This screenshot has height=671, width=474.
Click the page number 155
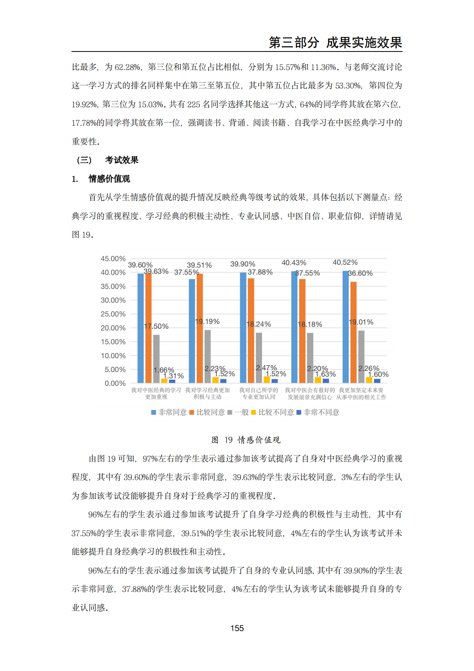point(237,628)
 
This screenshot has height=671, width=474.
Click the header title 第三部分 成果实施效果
point(335,42)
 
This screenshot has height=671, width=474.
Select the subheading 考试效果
point(121,160)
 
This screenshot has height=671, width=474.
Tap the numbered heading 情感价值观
point(109,179)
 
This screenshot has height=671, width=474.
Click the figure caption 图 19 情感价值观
point(246,440)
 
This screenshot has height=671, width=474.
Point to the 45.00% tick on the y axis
point(113,259)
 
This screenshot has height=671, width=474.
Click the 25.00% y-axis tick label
point(113,314)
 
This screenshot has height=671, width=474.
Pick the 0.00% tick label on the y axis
point(115,383)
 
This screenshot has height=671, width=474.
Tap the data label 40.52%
point(345,262)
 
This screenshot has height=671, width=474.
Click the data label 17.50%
point(156,326)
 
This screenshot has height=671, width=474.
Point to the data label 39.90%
point(242,264)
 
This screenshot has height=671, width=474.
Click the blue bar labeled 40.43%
point(294,327)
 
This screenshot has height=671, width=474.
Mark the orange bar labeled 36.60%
point(353,332)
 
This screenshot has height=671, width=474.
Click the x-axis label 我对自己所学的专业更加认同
point(259,394)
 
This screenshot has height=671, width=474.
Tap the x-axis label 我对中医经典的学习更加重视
point(156,394)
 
